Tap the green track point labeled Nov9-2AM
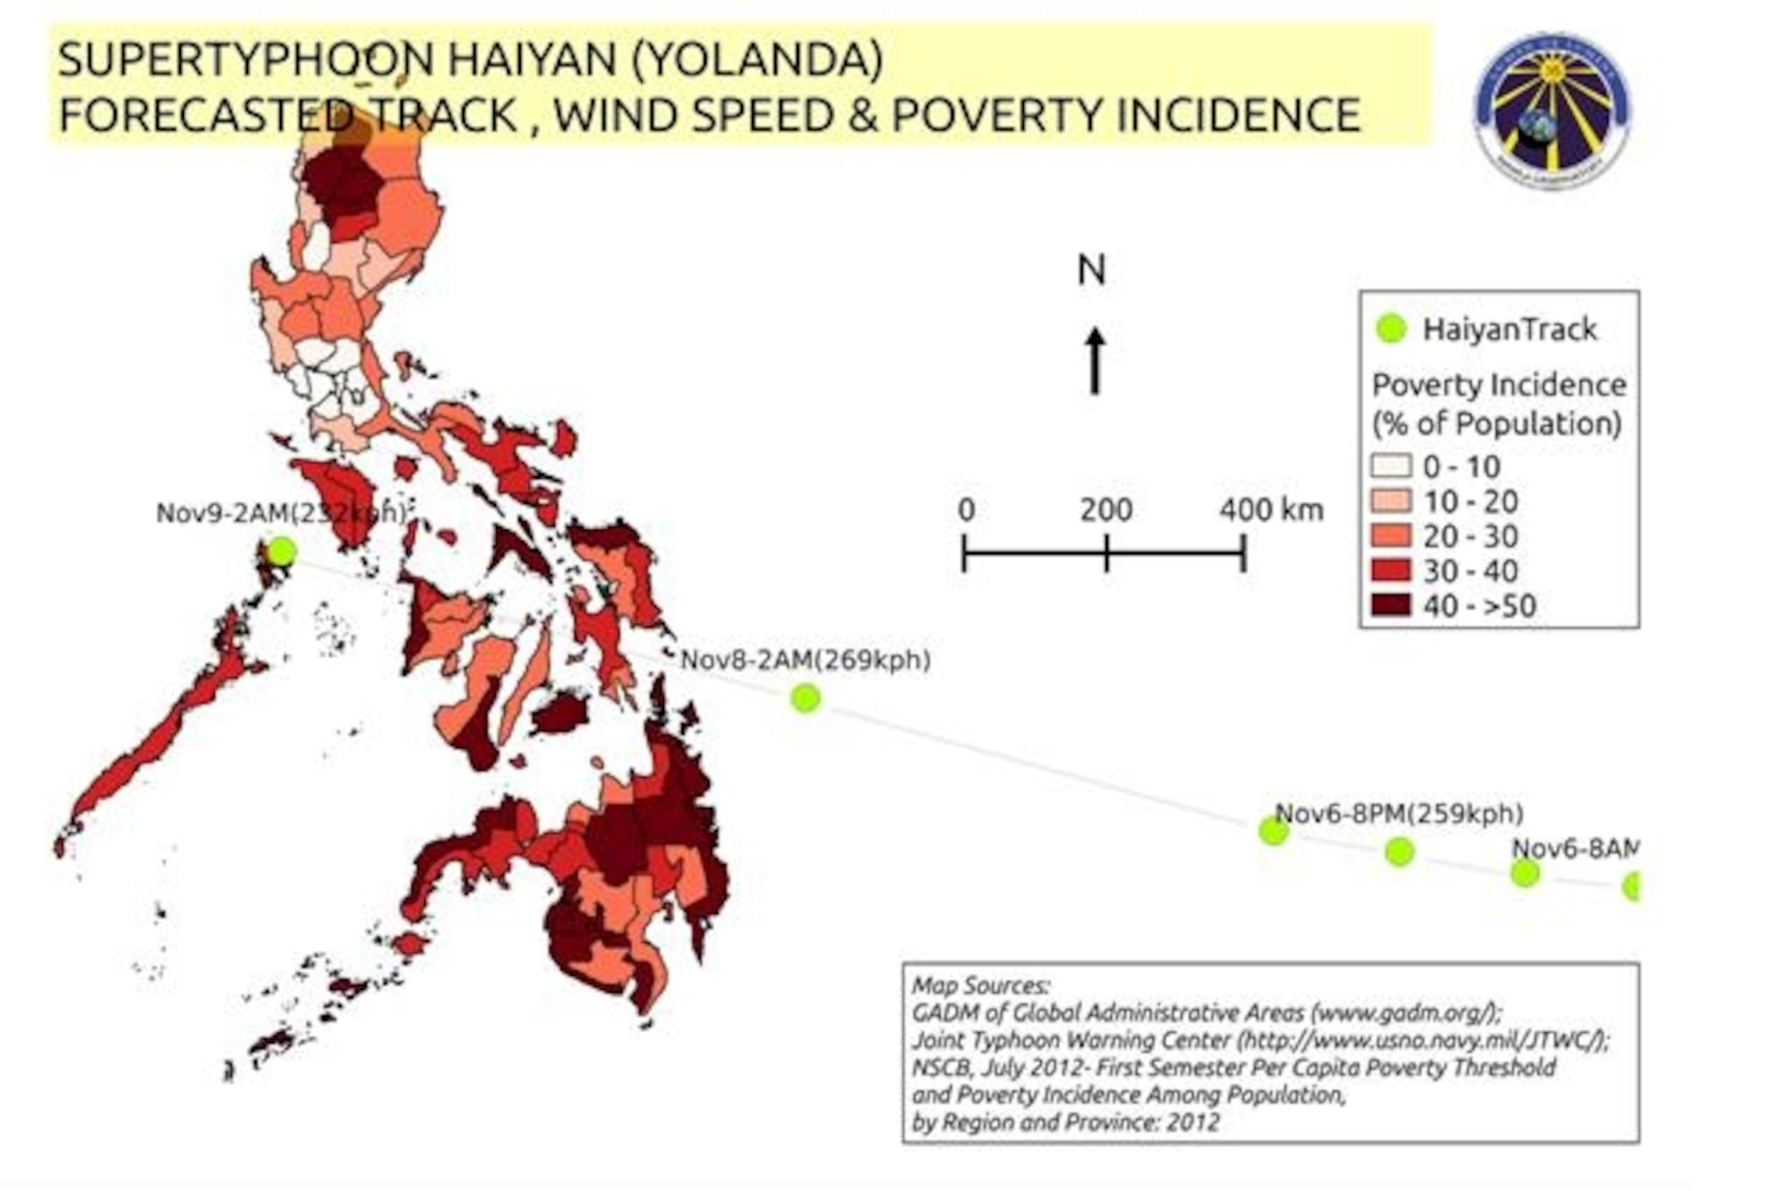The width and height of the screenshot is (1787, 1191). pyautogui.click(x=282, y=551)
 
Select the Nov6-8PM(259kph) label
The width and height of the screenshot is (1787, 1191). pyautogui.click(x=1399, y=814)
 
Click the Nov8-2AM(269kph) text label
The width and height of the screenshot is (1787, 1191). pyautogui.click(x=804, y=659)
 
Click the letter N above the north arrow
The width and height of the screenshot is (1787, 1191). pyautogui.click(x=1092, y=270)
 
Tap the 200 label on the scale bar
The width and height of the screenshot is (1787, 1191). pyautogui.click(x=1106, y=509)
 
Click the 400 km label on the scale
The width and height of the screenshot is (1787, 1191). pyautogui.click(x=1271, y=509)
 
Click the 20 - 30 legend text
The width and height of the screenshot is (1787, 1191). pyautogui.click(x=1470, y=536)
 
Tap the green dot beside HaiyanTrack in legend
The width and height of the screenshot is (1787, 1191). pyautogui.click(x=1391, y=329)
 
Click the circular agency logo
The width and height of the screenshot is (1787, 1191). pyautogui.click(x=1551, y=110)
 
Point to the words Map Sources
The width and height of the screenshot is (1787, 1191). pyautogui.click(x=980, y=986)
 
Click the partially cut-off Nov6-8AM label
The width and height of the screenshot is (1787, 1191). pyautogui.click(x=1574, y=848)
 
